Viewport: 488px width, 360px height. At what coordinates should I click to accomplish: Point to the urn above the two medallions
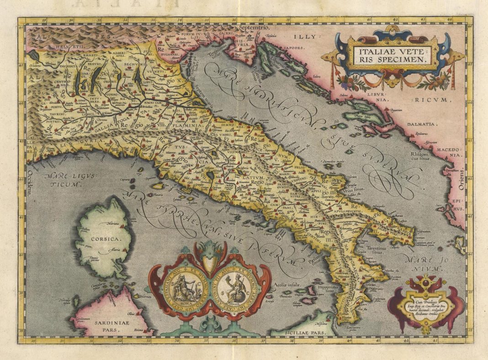point(210,263)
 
